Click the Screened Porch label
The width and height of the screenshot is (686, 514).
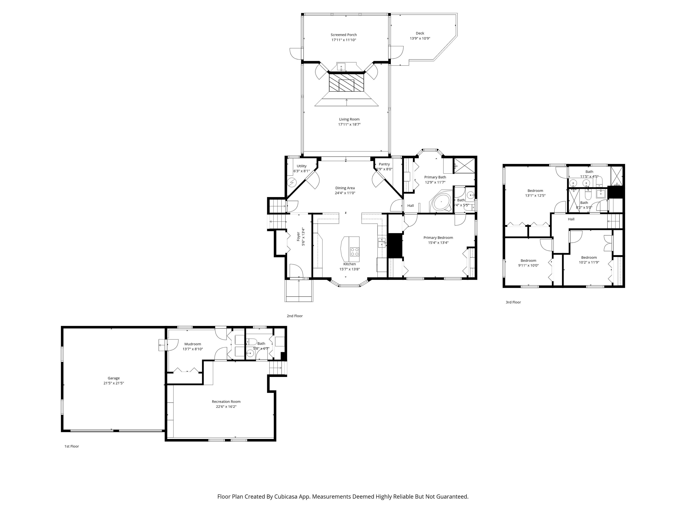344,35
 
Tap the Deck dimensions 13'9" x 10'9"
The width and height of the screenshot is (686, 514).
420,38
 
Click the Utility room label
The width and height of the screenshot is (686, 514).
301,166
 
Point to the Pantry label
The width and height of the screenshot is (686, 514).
384,164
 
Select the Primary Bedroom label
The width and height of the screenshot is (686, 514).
438,238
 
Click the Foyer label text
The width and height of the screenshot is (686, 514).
298,236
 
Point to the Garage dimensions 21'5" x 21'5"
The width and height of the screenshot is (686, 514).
114,383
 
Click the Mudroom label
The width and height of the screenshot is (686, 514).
193,344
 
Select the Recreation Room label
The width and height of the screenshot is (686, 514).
226,401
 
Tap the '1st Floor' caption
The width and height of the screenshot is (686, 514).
72,446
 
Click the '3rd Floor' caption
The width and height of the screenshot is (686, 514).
513,302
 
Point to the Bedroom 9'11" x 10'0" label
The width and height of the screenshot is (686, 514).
528,261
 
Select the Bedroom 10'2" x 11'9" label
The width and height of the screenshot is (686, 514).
589,257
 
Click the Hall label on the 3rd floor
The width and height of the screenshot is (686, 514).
571,219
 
